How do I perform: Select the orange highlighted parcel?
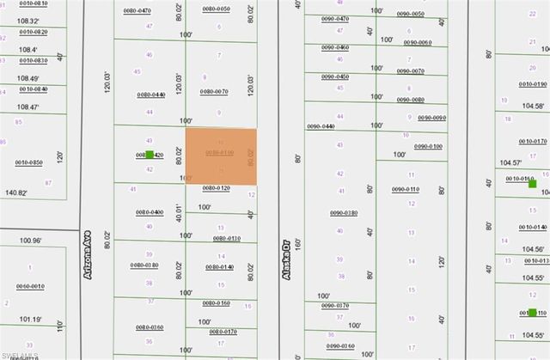[x=222, y=156]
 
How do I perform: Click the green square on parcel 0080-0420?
[x=150, y=155]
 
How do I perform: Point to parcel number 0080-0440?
[x=150, y=94]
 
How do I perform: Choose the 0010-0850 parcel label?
[x=28, y=162]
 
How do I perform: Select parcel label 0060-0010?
[x=30, y=286]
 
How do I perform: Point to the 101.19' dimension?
[x=30, y=318]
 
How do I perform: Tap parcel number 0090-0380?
[x=343, y=212]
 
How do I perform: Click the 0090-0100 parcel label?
[x=428, y=146]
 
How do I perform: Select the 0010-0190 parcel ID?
[x=533, y=84]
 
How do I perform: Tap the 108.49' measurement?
[x=28, y=77]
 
